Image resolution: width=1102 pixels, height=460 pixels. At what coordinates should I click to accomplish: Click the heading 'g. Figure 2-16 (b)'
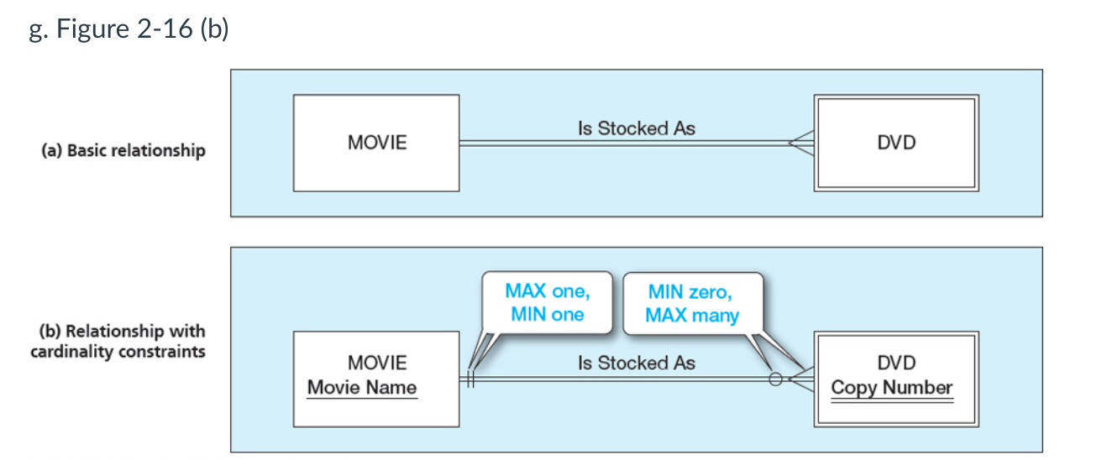tap(129, 29)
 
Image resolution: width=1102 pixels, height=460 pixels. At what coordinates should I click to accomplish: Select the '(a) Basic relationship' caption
tap(123, 150)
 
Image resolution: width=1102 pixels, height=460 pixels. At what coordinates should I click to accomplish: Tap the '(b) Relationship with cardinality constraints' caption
tap(118, 341)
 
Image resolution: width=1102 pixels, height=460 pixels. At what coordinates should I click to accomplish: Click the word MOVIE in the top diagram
tap(377, 143)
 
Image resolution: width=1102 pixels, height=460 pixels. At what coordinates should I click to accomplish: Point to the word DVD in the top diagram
tap(896, 143)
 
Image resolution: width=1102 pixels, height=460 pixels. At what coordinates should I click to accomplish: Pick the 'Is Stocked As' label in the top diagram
tap(637, 128)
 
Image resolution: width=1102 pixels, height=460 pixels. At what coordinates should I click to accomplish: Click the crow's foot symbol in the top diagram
tap(801, 143)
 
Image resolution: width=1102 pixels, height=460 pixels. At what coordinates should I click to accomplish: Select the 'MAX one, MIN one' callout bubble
tap(548, 303)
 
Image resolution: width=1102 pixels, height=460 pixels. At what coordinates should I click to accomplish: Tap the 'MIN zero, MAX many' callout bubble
tap(693, 304)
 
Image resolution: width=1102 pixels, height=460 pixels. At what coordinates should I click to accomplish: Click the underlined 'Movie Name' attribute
tap(362, 388)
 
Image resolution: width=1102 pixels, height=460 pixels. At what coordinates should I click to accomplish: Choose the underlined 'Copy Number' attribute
tap(892, 389)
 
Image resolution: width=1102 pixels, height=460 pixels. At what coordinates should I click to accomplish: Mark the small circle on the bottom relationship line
tap(775, 379)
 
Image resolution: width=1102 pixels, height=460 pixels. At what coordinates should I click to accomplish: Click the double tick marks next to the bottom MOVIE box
tap(471, 379)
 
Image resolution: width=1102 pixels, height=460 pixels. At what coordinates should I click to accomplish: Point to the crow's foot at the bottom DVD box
tap(801, 379)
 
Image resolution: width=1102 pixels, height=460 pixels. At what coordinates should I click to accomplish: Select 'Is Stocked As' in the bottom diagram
tap(637, 363)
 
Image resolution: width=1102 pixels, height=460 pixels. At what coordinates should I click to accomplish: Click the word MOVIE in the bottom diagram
tap(377, 363)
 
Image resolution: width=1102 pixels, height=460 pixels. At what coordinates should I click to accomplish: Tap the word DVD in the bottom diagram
tap(896, 363)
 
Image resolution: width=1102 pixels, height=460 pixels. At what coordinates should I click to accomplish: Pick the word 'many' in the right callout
tap(716, 316)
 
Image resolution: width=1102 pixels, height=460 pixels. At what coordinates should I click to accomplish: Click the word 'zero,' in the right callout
tap(711, 292)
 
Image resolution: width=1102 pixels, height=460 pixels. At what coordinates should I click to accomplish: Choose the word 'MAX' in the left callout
tap(526, 291)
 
